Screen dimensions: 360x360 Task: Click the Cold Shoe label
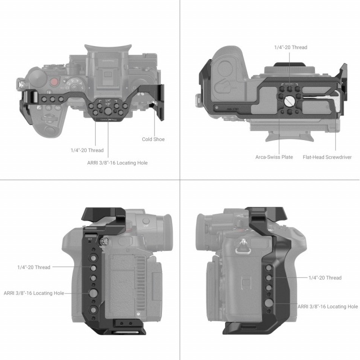point(153,139)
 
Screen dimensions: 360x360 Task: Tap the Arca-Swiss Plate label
point(274,157)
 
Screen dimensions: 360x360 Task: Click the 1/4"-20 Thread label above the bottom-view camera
point(290,47)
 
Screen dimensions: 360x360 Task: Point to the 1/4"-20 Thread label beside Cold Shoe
point(87,150)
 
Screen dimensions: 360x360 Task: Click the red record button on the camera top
point(54,82)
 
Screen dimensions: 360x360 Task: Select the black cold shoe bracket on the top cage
point(160,101)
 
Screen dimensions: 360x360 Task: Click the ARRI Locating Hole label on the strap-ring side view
point(327,307)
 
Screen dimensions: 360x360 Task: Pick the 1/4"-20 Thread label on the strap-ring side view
point(325,278)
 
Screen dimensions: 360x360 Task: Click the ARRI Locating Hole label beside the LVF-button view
point(34,293)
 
